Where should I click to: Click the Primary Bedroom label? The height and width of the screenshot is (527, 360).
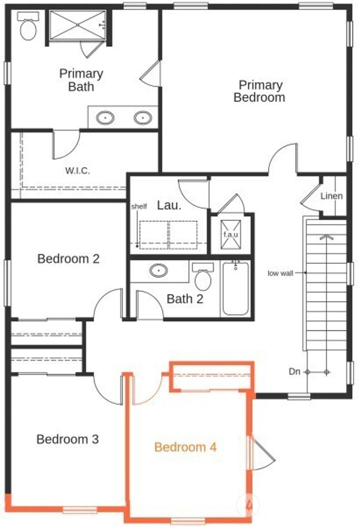[x=259, y=91]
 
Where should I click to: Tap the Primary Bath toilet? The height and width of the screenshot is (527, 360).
[x=28, y=28]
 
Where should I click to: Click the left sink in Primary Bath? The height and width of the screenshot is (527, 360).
[x=105, y=117]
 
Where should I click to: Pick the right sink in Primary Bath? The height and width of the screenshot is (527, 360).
[x=143, y=117]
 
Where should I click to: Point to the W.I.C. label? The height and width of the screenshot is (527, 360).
[x=77, y=171]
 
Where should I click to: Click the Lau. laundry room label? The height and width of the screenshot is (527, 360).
[x=169, y=206]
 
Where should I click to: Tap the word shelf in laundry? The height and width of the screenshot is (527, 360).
[x=139, y=207]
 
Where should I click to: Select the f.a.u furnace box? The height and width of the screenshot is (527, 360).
[x=231, y=234]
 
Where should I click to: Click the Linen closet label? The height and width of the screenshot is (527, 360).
[x=332, y=196]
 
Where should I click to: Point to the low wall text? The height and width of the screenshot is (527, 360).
[x=280, y=273]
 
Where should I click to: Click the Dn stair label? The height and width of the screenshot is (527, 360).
[x=294, y=371]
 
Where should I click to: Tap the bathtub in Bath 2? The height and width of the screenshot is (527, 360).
[x=235, y=288]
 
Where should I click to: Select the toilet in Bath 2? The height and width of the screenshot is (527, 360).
[x=203, y=278]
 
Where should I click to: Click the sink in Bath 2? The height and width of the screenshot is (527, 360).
[x=158, y=271]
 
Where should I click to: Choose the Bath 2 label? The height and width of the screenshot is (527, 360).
[x=185, y=299]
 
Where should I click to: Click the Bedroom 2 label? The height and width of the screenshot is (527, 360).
[x=69, y=259]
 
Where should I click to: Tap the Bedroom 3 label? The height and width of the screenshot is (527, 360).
[x=67, y=439]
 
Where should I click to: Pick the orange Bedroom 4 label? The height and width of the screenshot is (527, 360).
[x=185, y=447]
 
